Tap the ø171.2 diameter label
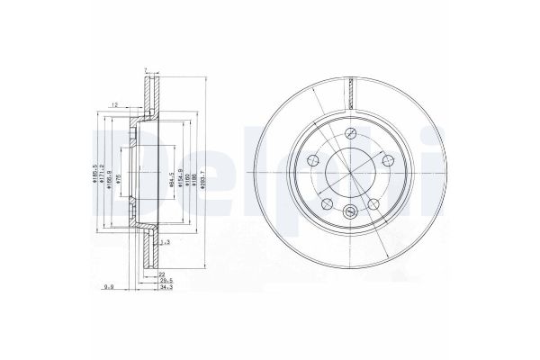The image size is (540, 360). click(102, 166)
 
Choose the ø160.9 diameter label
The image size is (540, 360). click(109, 168)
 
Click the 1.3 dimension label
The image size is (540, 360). click(164, 243)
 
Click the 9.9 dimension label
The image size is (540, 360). click(111, 288)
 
